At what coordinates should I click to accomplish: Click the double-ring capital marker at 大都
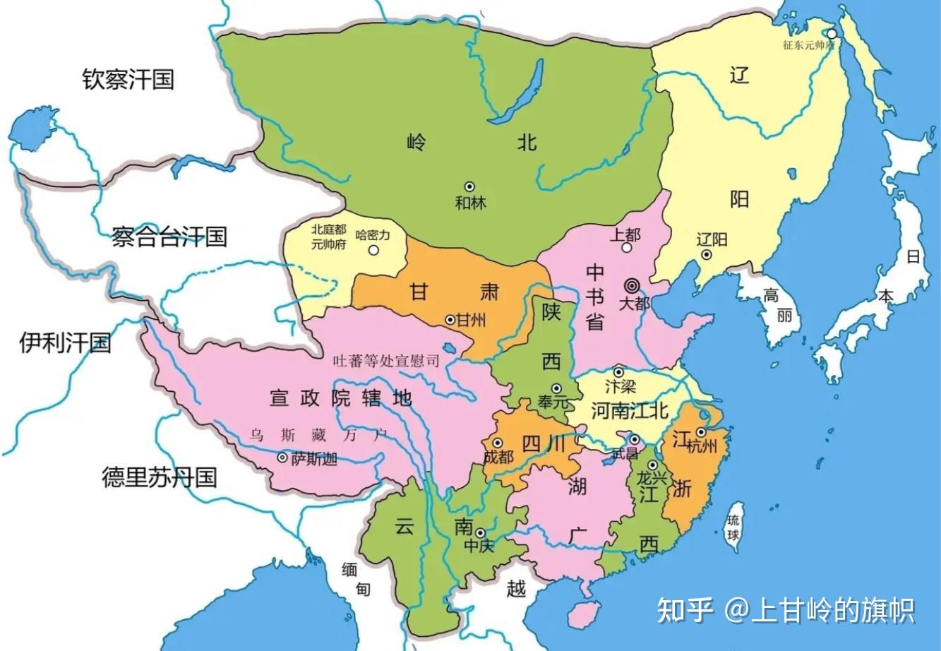[x=632, y=285]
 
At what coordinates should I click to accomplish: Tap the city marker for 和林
[x=469, y=187]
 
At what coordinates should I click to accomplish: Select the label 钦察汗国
[x=128, y=78]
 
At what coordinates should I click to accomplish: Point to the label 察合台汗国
[x=169, y=236]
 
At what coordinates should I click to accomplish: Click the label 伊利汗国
[x=65, y=342]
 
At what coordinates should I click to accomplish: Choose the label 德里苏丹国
[x=159, y=477]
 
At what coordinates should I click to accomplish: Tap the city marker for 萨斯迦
[x=282, y=458]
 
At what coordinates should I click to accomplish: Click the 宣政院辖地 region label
[x=340, y=398]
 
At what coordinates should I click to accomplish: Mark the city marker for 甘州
[x=450, y=320]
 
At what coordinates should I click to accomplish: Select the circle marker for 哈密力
[x=373, y=249]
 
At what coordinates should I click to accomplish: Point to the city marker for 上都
[x=626, y=249]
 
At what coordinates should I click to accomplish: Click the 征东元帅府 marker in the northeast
[x=832, y=33]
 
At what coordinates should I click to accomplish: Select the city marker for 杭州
[x=701, y=432]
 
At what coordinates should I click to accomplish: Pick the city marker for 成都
[x=498, y=442]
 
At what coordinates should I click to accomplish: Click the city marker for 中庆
[x=480, y=532]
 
